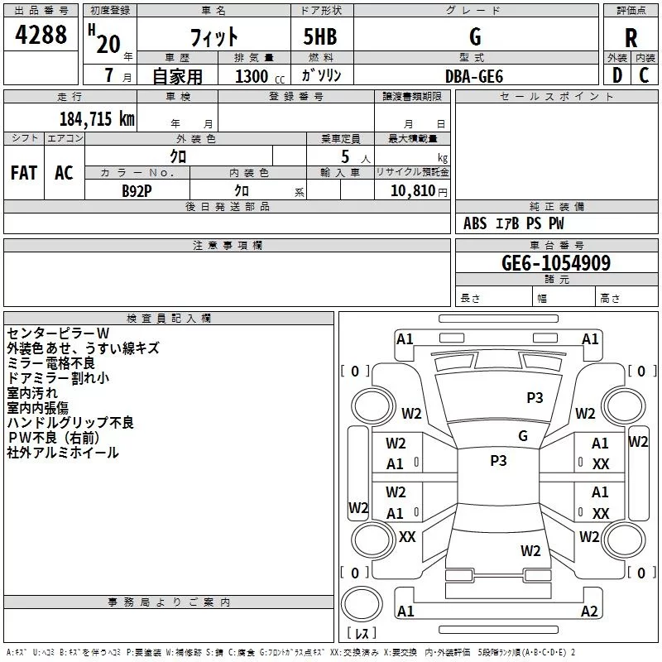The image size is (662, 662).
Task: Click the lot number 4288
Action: click(x=41, y=34)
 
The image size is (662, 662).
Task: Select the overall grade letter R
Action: click(x=631, y=38)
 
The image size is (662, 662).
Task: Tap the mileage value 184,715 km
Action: click(x=97, y=118)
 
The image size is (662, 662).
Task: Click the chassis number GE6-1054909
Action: click(x=556, y=262)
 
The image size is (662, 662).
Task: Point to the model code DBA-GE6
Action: click(x=474, y=76)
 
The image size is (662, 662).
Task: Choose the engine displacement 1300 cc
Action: click(x=260, y=76)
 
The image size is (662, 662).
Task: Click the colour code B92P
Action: click(x=137, y=191)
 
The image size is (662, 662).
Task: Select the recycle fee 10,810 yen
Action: click(x=419, y=191)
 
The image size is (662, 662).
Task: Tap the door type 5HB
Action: click(x=320, y=36)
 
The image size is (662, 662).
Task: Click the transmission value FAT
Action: click(x=24, y=173)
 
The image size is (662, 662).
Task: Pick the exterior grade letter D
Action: click(x=617, y=75)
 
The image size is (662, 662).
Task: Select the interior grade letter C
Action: click(x=644, y=75)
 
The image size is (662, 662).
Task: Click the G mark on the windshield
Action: click(x=523, y=435)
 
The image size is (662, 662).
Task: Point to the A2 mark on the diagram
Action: click(x=589, y=611)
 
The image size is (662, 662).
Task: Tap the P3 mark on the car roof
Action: click(x=498, y=460)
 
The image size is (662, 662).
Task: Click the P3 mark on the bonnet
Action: click(x=535, y=397)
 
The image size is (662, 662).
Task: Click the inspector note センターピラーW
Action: click(x=58, y=333)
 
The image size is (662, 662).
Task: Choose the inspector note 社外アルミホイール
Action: click(x=63, y=453)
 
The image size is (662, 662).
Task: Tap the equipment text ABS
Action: click(x=475, y=223)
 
